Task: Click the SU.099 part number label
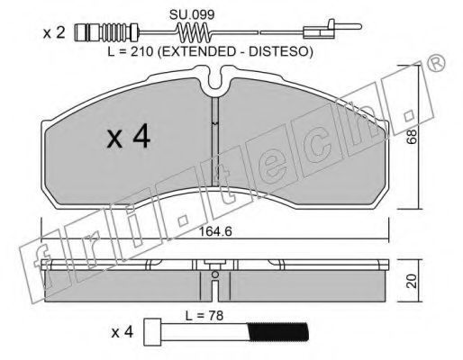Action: [192, 14]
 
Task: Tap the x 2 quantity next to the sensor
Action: [54, 32]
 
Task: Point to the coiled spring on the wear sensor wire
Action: [195, 32]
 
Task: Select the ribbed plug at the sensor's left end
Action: [105, 32]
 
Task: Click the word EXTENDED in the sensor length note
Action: [197, 51]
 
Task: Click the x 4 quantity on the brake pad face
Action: [129, 138]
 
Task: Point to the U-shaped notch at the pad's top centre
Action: [215, 78]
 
